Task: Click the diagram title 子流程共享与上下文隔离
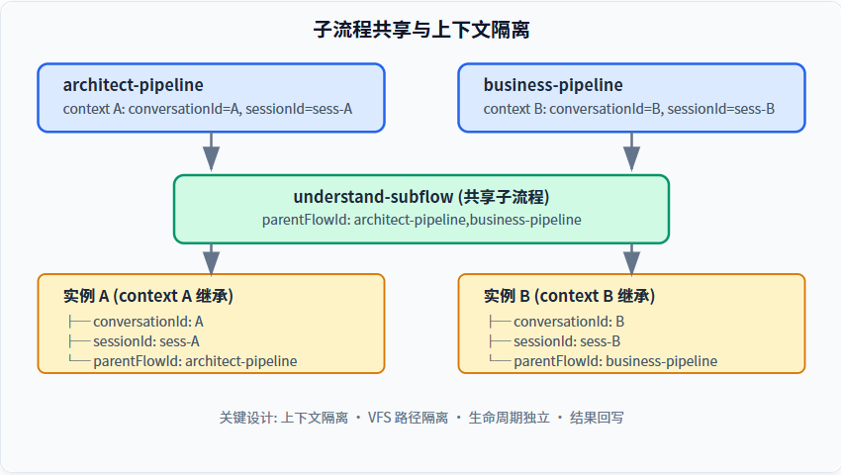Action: [421, 30]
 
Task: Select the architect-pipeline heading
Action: [133, 85]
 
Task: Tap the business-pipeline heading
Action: [553, 85]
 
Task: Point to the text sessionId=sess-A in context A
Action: [299, 109]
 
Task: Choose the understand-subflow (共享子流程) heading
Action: [421, 197]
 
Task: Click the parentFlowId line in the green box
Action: [421, 220]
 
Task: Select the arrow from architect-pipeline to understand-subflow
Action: [212, 151]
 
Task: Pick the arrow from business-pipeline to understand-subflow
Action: [632, 151]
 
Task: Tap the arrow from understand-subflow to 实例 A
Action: [212, 260]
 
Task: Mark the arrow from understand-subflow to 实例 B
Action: [632, 260]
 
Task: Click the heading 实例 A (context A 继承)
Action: [148, 296]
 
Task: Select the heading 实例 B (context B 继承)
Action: [569, 296]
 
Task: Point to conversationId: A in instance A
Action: [148, 322]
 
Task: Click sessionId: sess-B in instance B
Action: [567, 341]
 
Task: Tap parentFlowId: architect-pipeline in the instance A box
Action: [195, 361]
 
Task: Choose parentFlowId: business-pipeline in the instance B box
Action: [615, 361]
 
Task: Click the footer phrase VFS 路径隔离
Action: [408, 418]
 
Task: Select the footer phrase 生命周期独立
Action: [509, 418]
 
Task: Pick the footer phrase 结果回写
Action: [597, 418]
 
